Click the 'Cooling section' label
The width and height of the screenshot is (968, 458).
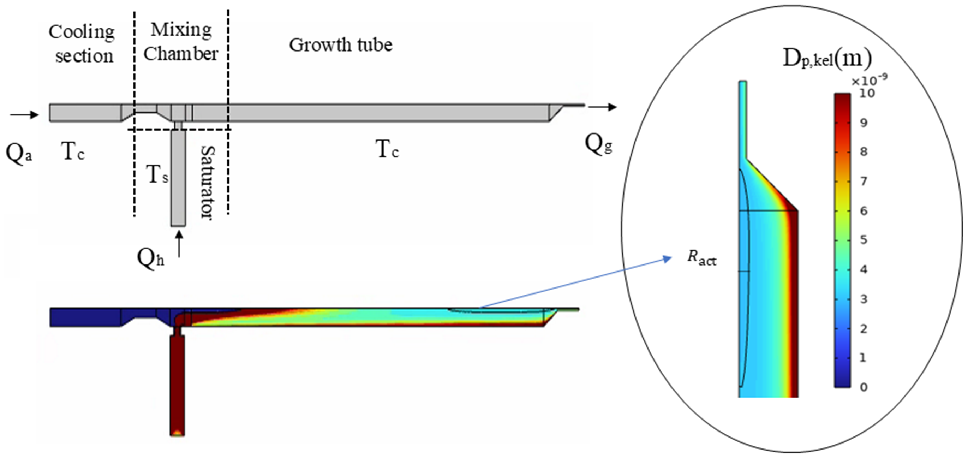(82, 44)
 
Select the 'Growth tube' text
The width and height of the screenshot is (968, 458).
(340, 45)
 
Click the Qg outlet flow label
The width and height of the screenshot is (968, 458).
(599, 144)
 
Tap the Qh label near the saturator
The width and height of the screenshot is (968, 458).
(150, 258)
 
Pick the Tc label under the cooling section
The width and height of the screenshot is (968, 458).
(72, 151)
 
